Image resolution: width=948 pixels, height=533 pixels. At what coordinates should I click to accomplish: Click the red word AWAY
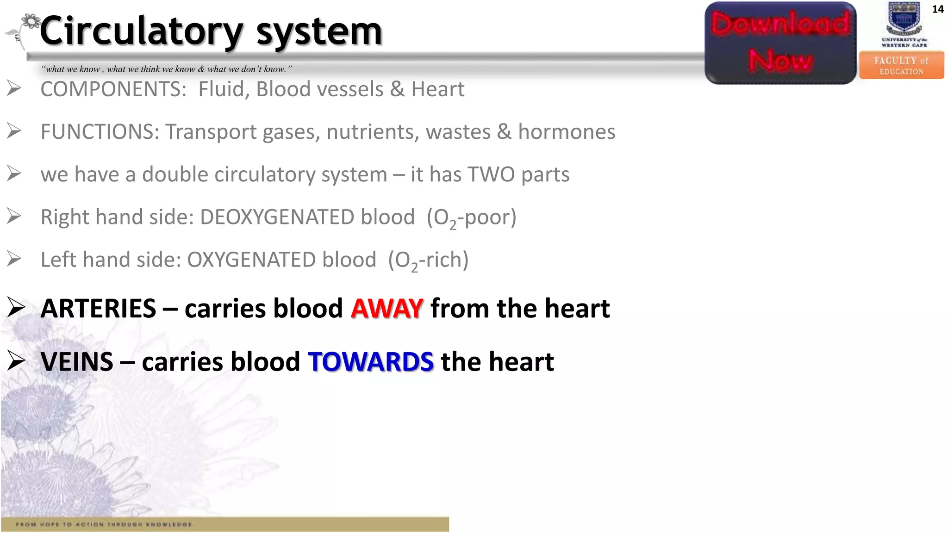[387, 309]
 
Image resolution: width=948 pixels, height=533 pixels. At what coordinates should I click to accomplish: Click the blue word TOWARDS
[371, 362]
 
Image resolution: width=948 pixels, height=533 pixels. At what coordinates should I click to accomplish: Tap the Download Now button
[780, 43]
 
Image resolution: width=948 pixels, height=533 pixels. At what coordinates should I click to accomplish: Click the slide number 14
[937, 9]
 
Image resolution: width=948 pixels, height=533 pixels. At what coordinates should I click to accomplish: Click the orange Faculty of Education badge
[901, 66]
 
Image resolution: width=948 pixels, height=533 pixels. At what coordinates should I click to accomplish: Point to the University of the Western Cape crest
[904, 19]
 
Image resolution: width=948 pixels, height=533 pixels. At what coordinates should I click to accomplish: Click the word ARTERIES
[99, 309]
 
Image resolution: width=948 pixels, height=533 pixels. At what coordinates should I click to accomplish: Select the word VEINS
[77, 362]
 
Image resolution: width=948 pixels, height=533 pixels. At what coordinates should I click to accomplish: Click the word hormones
[567, 132]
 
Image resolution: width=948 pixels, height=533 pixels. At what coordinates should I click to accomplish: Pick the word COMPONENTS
[113, 89]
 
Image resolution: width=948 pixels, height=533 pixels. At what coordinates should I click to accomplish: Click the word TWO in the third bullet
[491, 174]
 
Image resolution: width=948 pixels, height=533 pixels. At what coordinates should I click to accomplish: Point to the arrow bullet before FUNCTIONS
[14, 131]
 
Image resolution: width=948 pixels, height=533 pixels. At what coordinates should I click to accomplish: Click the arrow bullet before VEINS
[16, 361]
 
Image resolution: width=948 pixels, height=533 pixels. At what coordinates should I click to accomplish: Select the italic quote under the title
[167, 69]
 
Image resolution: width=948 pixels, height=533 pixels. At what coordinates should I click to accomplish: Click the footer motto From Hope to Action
[105, 524]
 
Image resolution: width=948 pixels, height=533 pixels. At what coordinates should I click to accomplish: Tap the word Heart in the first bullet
[437, 89]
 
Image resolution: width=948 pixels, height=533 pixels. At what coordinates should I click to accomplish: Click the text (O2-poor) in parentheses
[471, 217]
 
